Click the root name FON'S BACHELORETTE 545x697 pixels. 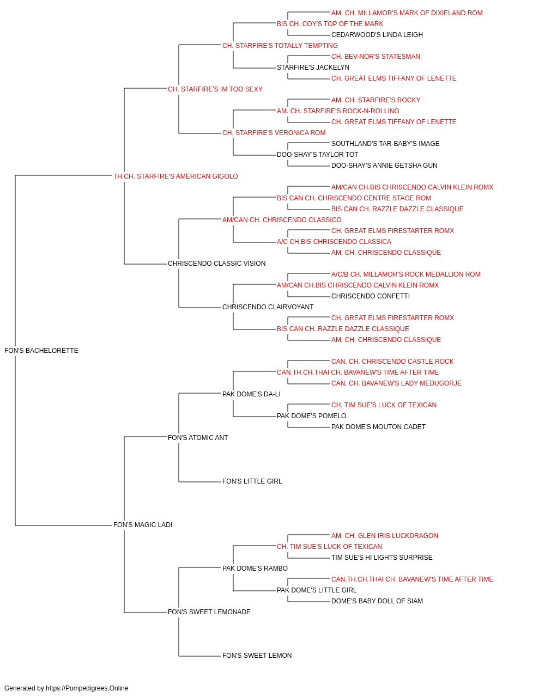41,351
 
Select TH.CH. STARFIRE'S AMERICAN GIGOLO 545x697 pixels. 175,176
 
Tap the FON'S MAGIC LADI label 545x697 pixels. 142,525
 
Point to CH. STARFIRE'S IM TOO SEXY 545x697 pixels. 215,89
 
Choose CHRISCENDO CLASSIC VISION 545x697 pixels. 216,264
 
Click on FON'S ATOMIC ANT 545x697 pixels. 198,438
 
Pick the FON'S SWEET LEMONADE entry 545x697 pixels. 209,612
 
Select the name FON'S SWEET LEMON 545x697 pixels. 257,656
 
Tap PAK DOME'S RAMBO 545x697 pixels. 255,568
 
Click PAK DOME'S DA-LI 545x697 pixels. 251,394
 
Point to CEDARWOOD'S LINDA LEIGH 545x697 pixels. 377,35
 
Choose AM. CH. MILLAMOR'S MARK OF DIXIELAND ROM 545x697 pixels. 407,13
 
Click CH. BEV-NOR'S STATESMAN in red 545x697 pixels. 376,57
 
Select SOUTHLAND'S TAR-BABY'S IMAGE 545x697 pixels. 385,144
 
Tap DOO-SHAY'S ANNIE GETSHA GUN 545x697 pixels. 384,166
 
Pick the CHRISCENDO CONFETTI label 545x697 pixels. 371,296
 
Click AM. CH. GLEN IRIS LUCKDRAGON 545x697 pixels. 385,536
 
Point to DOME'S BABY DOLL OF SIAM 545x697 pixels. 377,601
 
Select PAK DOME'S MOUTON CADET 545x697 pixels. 378,427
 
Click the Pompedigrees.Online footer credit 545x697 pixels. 66,688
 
